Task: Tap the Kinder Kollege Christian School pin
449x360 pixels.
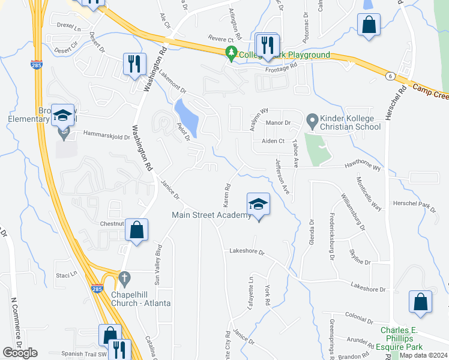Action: pyautogui.click(x=312, y=121)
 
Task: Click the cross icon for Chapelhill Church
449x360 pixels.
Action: pyautogui.click(x=124, y=278)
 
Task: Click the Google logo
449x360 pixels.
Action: pyautogui.click(x=20, y=353)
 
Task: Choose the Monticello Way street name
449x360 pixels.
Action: pyautogui.click(x=368, y=194)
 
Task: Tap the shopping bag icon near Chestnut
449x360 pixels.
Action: pyautogui.click(x=137, y=231)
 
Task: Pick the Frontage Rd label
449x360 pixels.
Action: pyautogui.click(x=282, y=68)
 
